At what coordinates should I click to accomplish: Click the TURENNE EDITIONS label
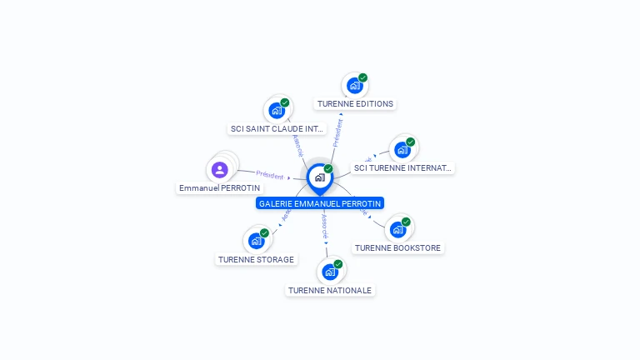[355, 104]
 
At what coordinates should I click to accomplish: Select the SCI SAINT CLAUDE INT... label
[277, 129]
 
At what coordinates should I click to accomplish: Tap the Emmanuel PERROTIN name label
[219, 188]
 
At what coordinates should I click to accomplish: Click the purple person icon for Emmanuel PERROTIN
[220, 170]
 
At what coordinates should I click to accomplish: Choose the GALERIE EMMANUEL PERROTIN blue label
[320, 203]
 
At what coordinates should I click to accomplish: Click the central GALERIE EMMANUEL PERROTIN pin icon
[319, 177]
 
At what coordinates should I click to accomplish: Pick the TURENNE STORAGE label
[256, 259]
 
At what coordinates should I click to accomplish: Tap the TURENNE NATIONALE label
[330, 290]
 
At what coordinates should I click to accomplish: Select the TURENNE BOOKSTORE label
[398, 247]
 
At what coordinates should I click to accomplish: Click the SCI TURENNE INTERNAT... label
[402, 168]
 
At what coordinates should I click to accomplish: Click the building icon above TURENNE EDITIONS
[355, 85]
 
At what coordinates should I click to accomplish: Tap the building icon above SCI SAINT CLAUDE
[277, 110]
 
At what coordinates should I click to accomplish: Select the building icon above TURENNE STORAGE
[256, 241]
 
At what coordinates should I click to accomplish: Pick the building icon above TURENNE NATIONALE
[330, 272]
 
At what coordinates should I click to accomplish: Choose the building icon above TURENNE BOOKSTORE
[397, 229]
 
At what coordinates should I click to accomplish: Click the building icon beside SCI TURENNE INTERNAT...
[402, 150]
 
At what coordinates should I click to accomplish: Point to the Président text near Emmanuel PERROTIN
[270, 175]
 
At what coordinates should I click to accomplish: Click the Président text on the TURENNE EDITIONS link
[338, 132]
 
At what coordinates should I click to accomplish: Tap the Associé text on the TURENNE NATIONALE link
[325, 227]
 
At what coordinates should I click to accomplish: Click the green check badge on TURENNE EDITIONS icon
[362, 77]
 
